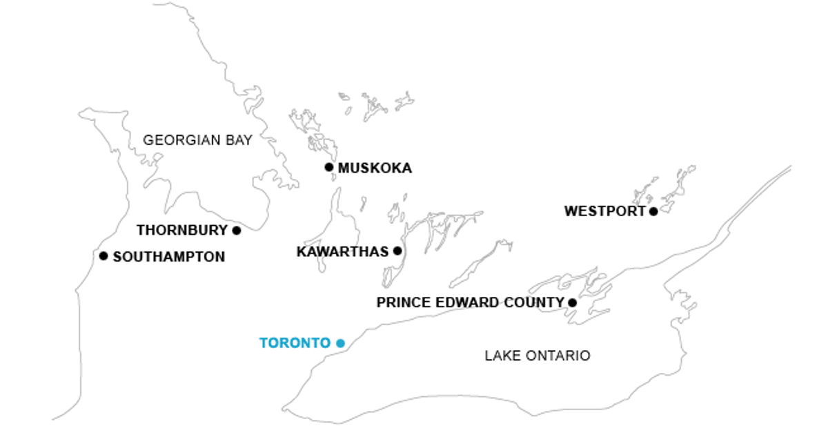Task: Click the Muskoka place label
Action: point(375,168)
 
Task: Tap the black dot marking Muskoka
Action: point(329,167)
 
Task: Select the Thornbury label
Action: point(182,231)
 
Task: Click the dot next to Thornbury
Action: point(237,231)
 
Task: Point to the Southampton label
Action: point(169,257)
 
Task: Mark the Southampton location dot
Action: point(103,256)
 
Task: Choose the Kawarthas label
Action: point(343,252)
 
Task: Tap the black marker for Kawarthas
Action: point(397,251)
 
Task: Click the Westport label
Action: point(604,212)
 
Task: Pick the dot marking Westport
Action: point(653,211)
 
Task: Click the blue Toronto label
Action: point(295,343)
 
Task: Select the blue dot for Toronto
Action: point(340,343)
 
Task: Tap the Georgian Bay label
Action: point(197,140)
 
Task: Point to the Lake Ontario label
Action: point(538,356)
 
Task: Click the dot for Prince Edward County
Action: point(572,302)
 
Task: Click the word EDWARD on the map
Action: point(470,302)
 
